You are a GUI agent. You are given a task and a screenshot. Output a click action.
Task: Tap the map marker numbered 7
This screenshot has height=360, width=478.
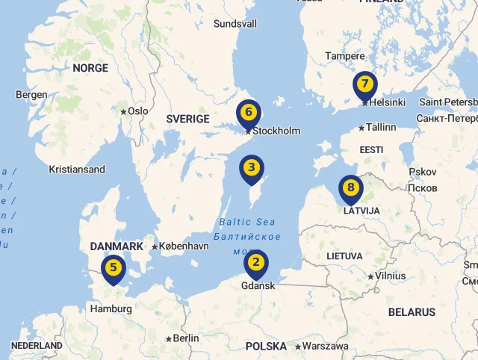tap(364, 84)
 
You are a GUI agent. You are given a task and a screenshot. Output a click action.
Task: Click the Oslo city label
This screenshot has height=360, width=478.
tap(137, 111)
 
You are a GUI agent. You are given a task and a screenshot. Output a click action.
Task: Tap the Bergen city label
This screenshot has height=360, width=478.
tap(31, 95)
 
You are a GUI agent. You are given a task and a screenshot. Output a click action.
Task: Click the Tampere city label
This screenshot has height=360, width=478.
tap(344, 56)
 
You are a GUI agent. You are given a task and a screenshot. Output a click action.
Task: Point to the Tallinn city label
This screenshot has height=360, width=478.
tap(381, 127)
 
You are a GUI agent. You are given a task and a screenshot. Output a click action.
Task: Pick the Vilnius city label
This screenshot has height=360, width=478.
tap(390, 276)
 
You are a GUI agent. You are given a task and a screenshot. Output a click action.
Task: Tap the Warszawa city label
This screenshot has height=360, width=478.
tap(325, 346)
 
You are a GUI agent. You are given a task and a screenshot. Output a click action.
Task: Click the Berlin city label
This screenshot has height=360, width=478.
tap(186, 338)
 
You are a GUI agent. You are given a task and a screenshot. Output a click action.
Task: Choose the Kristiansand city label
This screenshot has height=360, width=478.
tap(77, 170)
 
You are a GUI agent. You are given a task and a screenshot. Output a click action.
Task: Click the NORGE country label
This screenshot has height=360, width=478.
tap(90, 68)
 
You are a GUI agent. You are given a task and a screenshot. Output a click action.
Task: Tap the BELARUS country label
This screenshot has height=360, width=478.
tap(412, 311)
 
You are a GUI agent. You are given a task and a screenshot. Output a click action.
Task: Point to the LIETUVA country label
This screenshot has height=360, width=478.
tap(344, 256)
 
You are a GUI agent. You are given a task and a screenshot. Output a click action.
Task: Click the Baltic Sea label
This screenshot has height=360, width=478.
tap(247, 222)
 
